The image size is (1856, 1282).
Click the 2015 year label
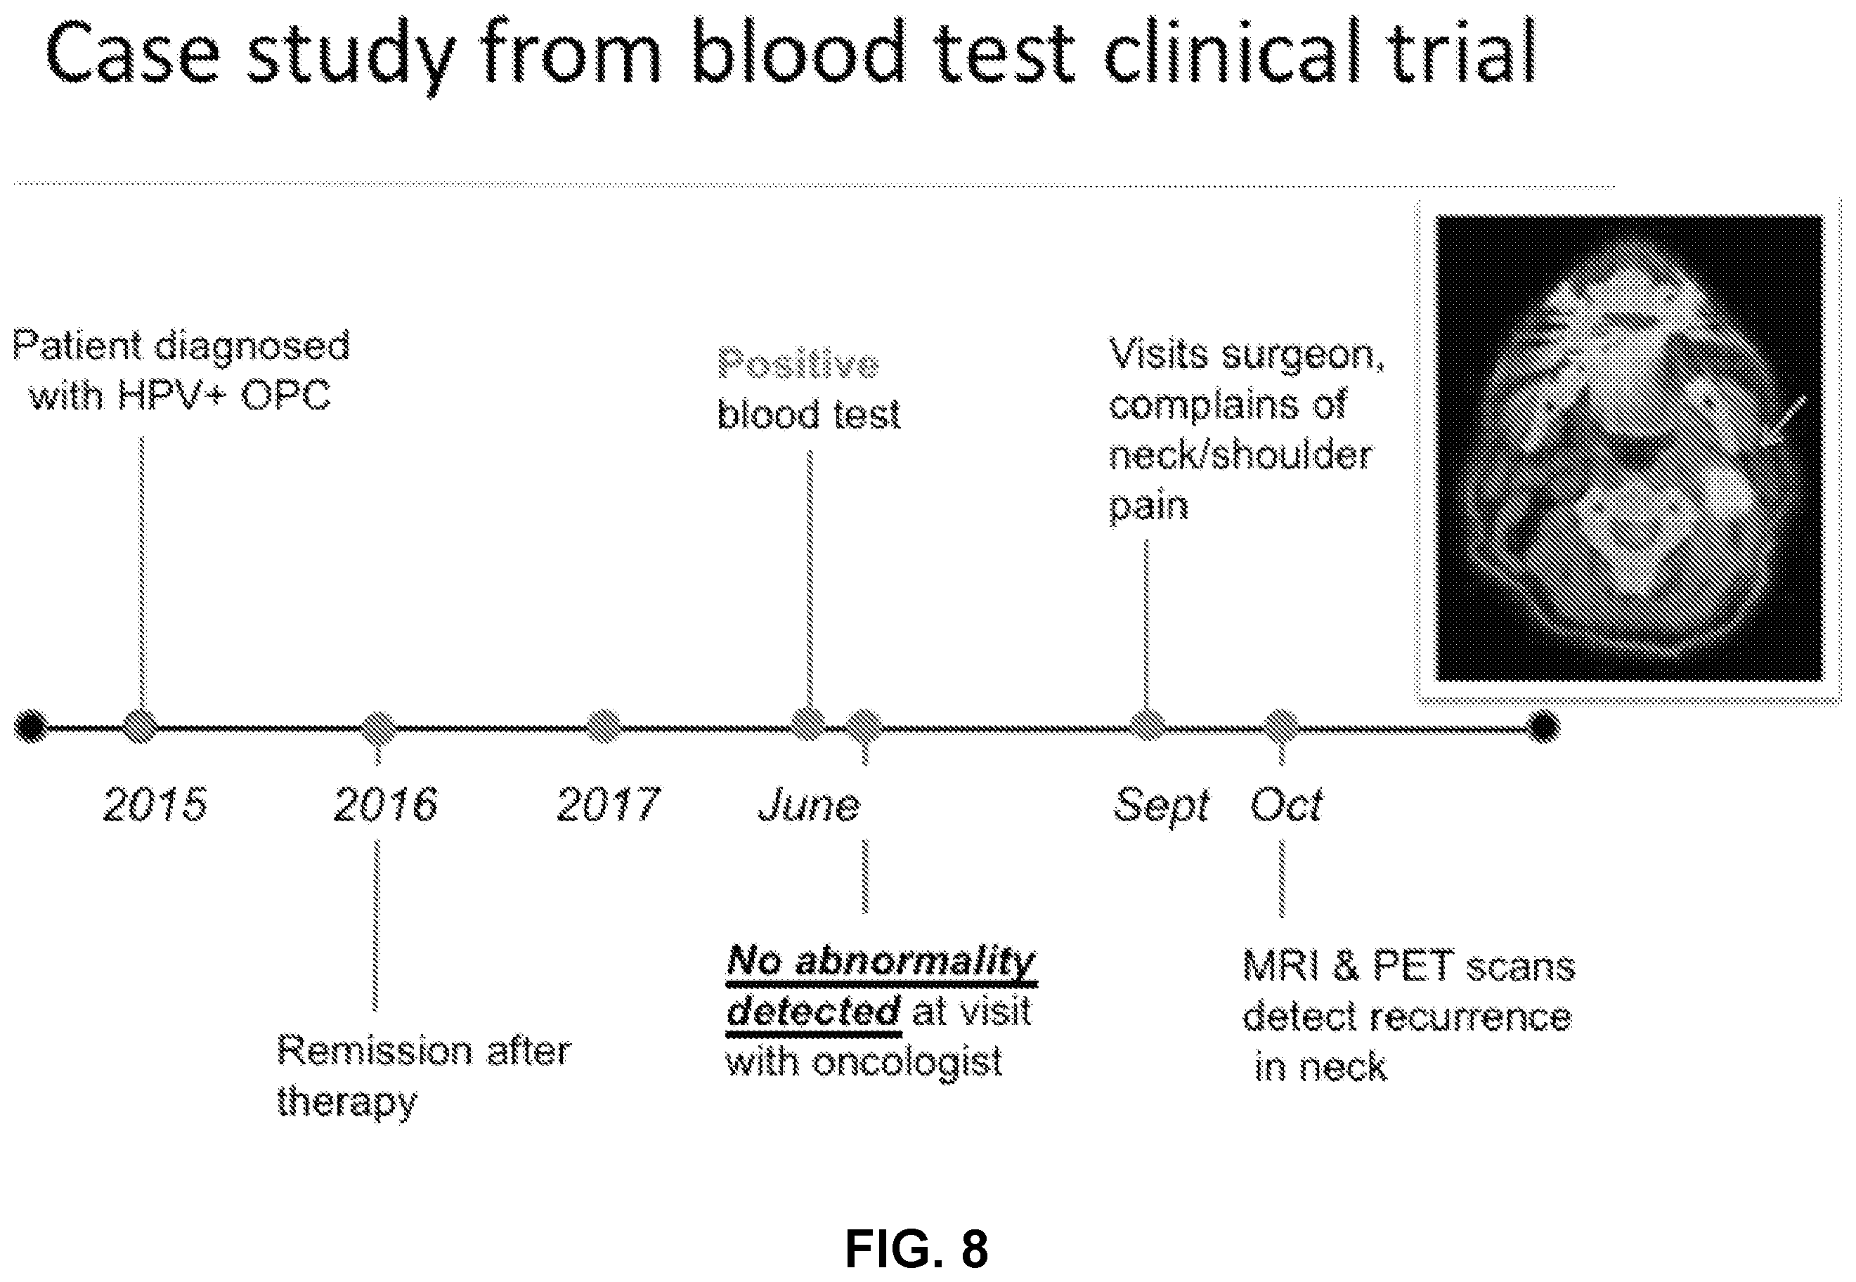[x=155, y=804]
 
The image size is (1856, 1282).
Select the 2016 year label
[x=386, y=804]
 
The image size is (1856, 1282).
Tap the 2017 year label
[x=608, y=804]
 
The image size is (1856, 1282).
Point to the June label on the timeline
[x=809, y=804]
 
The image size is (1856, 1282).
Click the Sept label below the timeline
[x=1161, y=806]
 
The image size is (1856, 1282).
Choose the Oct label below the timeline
[x=1285, y=804]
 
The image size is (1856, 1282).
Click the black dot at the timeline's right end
[x=1543, y=727]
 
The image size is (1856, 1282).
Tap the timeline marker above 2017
[x=604, y=727]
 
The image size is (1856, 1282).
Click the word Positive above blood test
[x=798, y=364]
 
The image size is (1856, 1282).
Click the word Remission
[x=375, y=1052]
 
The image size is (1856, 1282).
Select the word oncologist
[x=908, y=1062]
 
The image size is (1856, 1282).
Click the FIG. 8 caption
[x=916, y=1248]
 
